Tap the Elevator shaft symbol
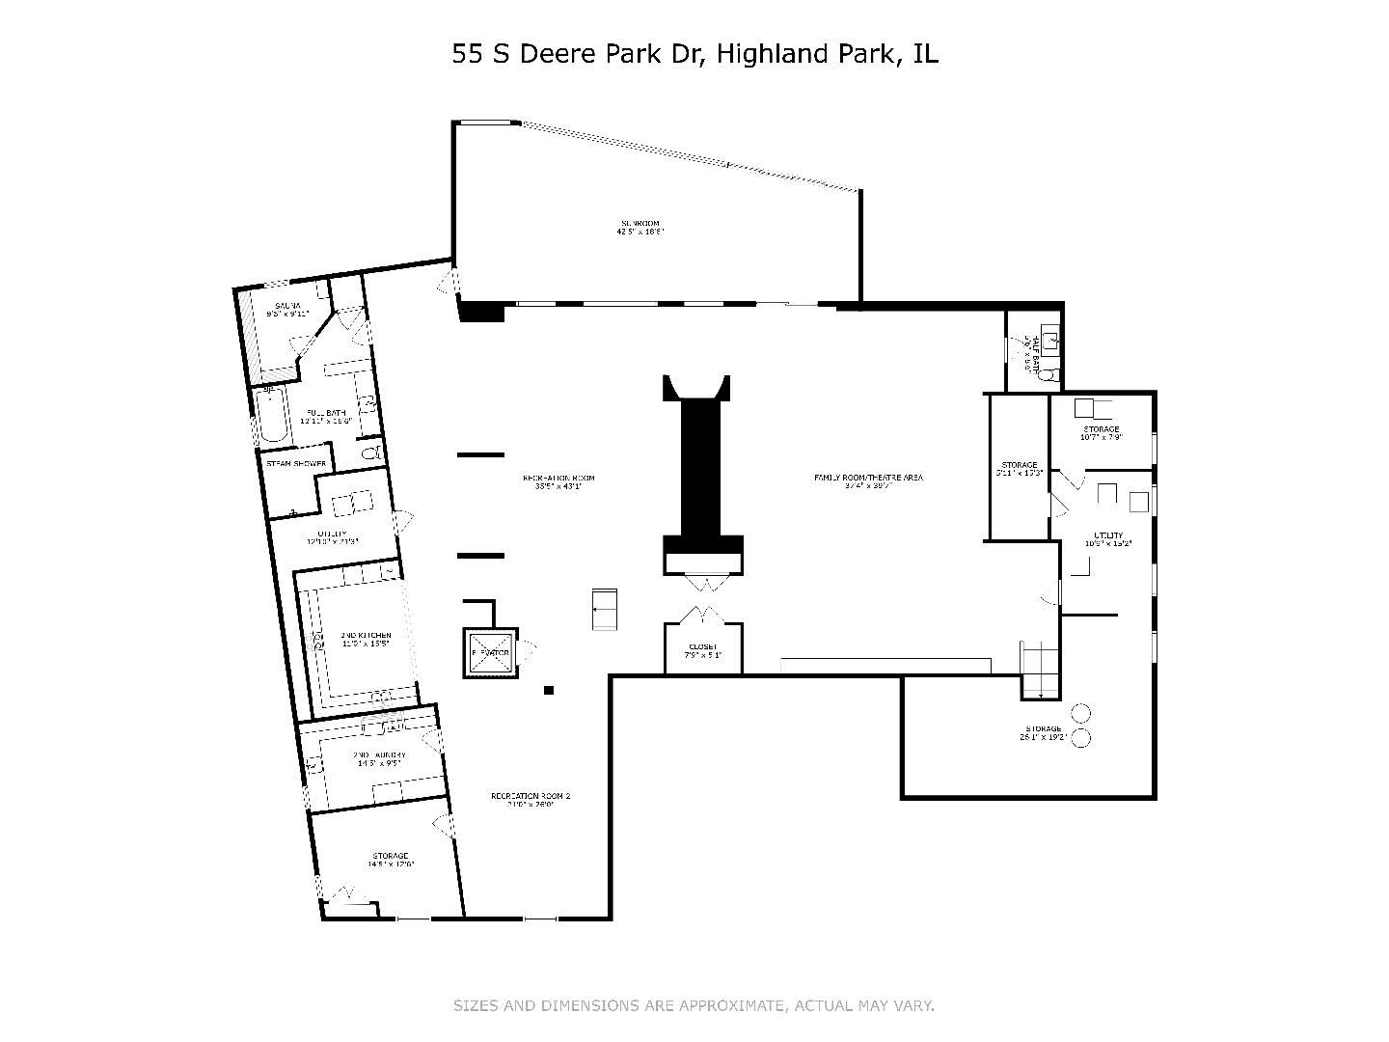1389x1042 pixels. coord(490,653)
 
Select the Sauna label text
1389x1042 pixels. coord(286,307)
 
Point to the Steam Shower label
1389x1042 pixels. coord(296,464)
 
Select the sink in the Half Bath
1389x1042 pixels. coord(1052,340)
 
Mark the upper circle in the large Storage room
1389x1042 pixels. coord(1081,714)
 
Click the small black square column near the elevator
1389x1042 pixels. coord(549,690)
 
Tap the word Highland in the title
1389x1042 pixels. coord(768,54)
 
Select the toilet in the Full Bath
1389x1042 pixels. coord(370,452)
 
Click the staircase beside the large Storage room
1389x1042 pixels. coord(1041,669)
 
